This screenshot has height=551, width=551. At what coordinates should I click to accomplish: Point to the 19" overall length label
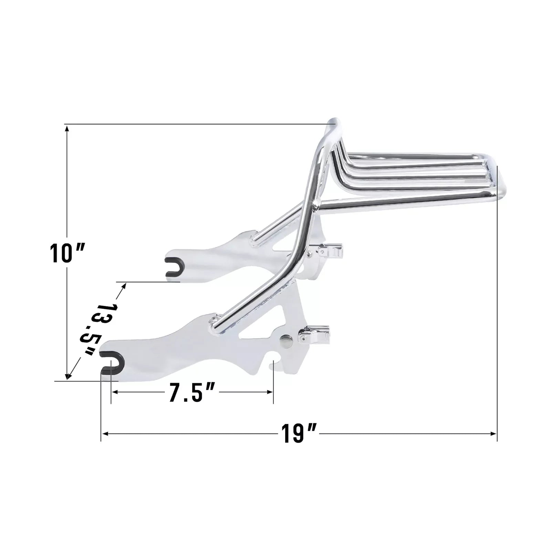pyautogui.click(x=299, y=434)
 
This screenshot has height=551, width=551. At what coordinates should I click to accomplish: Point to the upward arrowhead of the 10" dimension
pyautogui.click(x=67, y=129)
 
